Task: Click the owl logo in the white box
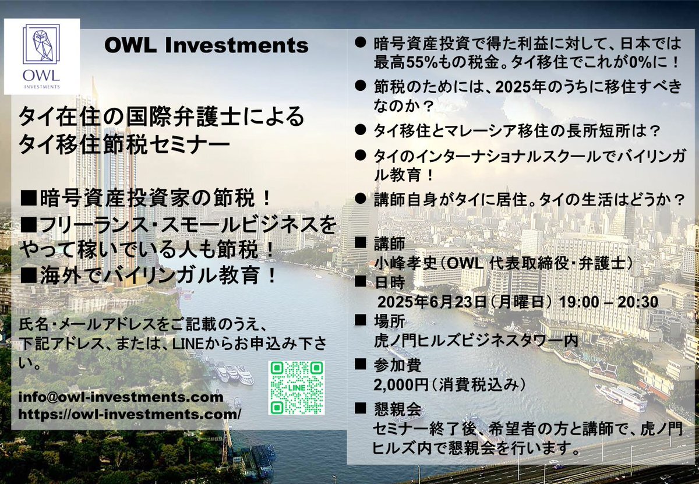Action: coord(41,56)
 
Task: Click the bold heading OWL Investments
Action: coord(206,45)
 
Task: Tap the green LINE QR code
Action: coord(296,388)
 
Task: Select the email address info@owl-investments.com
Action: coord(121,397)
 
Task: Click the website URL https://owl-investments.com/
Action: coord(129,415)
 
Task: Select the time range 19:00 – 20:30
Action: coord(609,302)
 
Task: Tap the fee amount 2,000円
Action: coord(401,385)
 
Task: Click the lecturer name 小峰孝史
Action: coord(405,264)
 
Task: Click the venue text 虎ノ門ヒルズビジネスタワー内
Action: coord(476,341)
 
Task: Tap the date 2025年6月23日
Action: coord(432,302)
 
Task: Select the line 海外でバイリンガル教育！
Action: coord(148,275)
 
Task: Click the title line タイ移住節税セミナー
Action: coord(124,146)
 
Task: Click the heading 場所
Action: coord(380,321)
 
